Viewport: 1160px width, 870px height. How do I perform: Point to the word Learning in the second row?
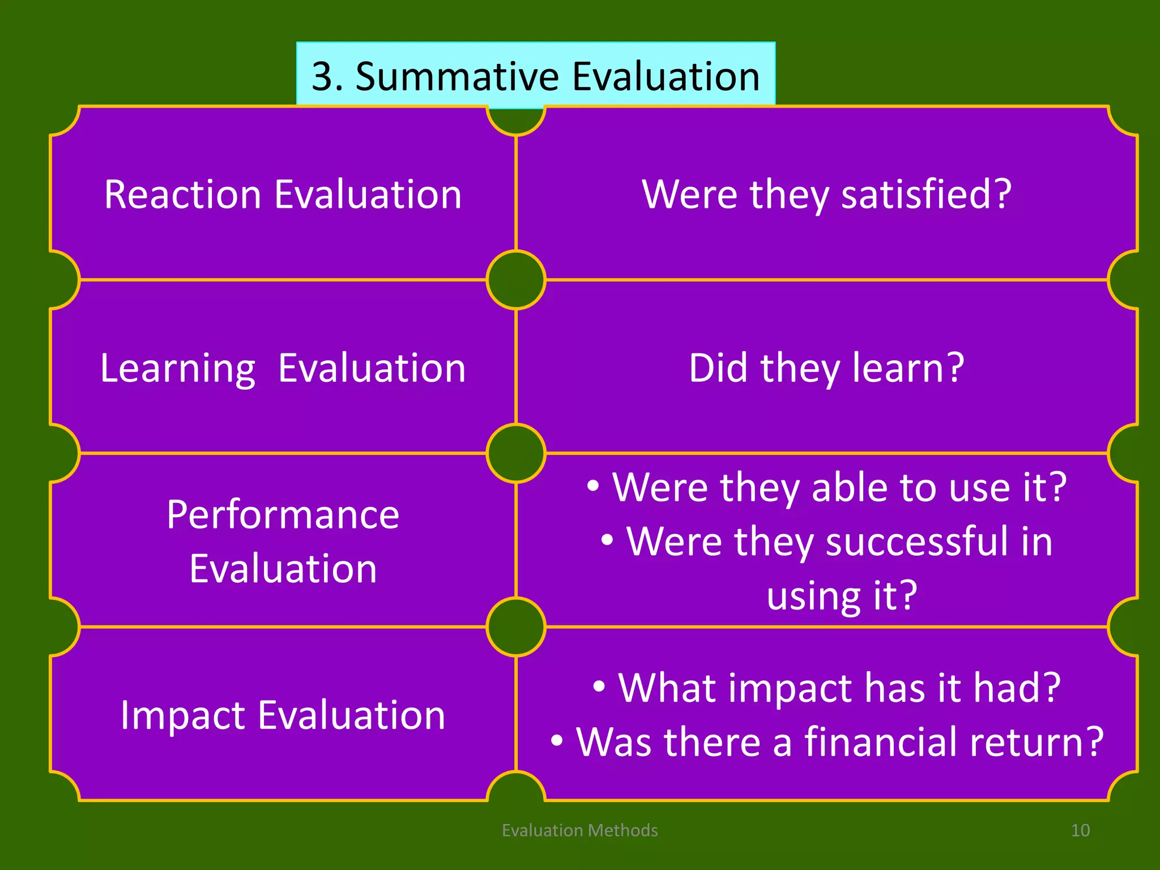click(177, 369)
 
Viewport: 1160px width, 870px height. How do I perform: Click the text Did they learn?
click(826, 368)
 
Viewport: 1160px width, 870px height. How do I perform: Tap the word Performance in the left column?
click(283, 515)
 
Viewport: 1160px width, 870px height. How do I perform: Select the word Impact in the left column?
click(182, 715)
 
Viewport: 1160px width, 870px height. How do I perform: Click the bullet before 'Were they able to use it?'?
click(592, 486)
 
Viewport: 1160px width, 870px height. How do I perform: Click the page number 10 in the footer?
click(1080, 830)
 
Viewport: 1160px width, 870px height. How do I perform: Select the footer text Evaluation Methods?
click(579, 830)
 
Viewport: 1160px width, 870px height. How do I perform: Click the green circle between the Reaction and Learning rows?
click(516, 280)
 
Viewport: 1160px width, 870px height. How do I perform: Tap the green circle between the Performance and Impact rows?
click(516, 627)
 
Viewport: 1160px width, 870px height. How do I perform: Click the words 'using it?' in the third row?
click(842, 595)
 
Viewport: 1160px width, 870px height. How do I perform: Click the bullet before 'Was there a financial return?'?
click(557, 741)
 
